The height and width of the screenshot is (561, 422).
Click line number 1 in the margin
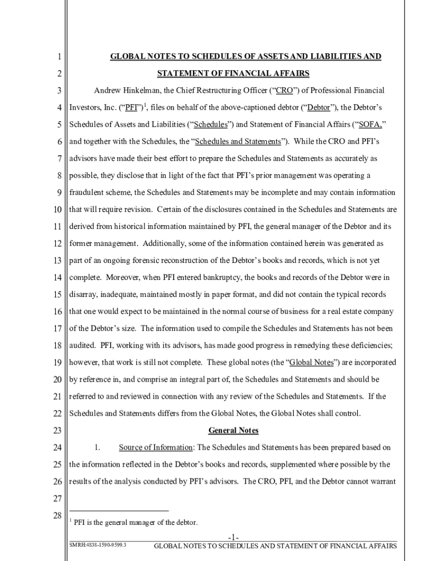pyautogui.click(x=58, y=56)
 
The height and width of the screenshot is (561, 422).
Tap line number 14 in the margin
pyautogui.click(x=57, y=277)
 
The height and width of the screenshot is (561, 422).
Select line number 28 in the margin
pyautogui.click(x=57, y=516)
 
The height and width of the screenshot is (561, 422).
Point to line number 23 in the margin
pyautogui.click(x=57, y=431)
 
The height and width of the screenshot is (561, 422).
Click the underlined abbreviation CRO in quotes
pyautogui.click(x=284, y=90)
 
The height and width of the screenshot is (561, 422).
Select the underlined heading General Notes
pyautogui.click(x=233, y=431)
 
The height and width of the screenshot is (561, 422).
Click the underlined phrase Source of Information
pyautogui.click(x=156, y=448)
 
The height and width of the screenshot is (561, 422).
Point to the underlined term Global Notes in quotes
pyautogui.click(x=311, y=363)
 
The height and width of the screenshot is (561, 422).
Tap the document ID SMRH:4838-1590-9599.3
pyautogui.click(x=98, y=546)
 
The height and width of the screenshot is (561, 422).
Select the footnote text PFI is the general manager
pyautogui.click(x=135, y=522)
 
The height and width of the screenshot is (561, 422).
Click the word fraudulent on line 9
pyautogui.click(x=88, y=192)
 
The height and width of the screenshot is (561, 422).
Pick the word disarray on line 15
pyautogui.click(x=83, y=294)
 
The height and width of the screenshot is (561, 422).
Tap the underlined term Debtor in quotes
pyautogui.click(x=318, y=107)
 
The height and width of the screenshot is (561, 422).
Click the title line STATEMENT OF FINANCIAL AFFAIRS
pyautogui.click(x=233, y=73)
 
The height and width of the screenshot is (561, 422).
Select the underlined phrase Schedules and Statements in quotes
pyautogui.click(x=238, y=141)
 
